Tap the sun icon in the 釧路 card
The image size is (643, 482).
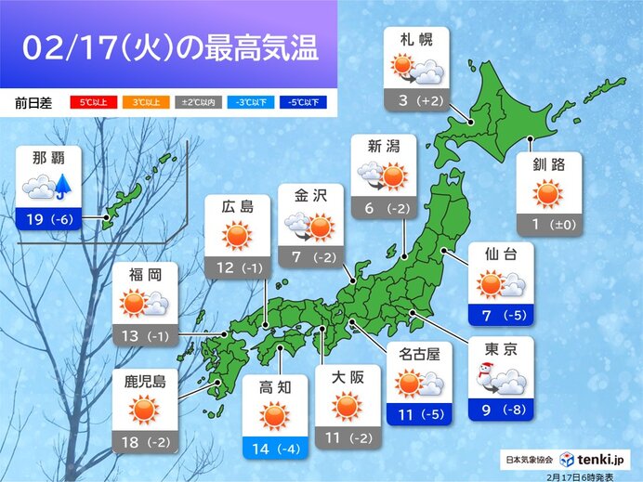coord(549,195)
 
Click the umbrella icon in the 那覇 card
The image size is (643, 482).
coord(64,186)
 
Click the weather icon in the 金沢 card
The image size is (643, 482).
coord(309,227)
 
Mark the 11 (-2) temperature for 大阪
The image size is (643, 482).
coord(346,442)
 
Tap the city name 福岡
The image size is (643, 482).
coord(145,275)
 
